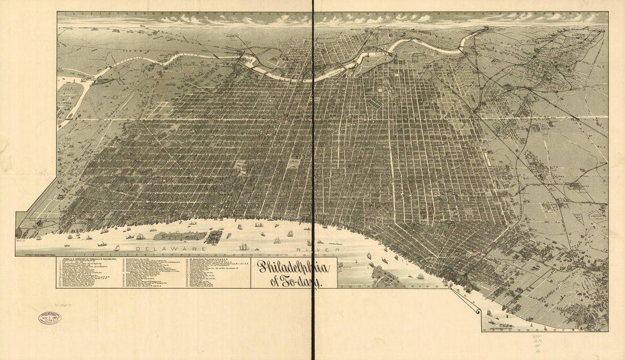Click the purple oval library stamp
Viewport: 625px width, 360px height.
50,318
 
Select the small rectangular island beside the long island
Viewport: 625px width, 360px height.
214,236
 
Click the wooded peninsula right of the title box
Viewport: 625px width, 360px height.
385,277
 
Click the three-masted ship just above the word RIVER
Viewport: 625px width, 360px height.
244,246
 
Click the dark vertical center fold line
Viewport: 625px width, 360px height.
313,170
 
